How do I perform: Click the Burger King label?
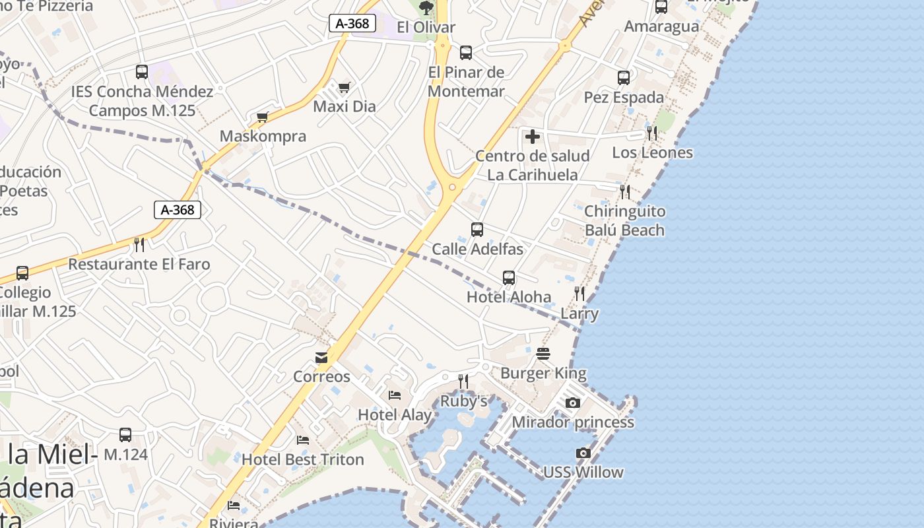(x=543, y=374)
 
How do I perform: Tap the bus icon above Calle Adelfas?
(x=477, y=230)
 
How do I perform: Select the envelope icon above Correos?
(x=321, y=358)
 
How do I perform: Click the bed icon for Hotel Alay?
(x=395, y=395)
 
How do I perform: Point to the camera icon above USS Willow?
(x=583, y=453)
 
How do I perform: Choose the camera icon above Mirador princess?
(x=573, y=403)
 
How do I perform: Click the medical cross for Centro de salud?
(x=532, y=137)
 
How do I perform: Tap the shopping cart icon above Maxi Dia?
(x=344, y=87)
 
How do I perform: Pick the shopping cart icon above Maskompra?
(x=263, y=117)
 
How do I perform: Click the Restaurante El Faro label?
(x=139, y=265)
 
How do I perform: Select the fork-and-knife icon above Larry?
(x=579, y=294)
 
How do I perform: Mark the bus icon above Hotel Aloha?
(x=509, y=278)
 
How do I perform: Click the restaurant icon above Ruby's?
(x=463, y=381)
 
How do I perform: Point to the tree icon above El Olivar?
(x=426, y=8)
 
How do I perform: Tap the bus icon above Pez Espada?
(x=624, y=78)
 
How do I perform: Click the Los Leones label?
(x=653, y=153)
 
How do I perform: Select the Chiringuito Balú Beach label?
(x=625, y=220)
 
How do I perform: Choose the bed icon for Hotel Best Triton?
(x=303, y=440)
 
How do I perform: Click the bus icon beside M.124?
(x=125, y=435)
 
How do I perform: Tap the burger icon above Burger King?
(x=543, y=354)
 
